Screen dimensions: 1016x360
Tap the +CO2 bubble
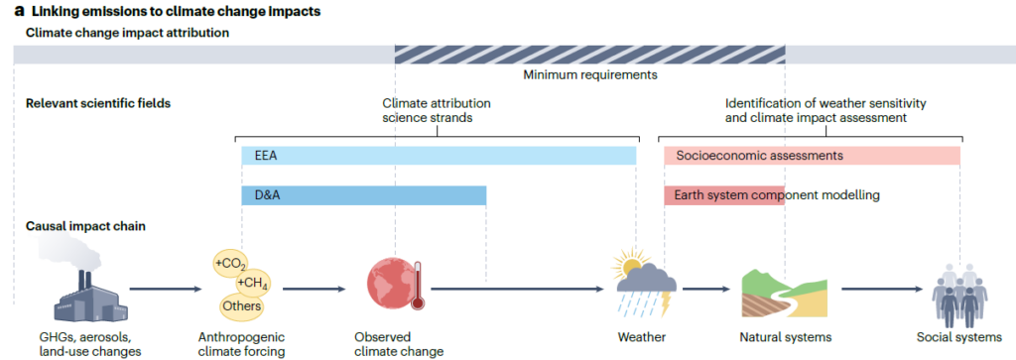click(231, 265)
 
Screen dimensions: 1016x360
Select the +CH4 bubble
click(253, 284)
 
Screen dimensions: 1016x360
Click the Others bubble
click(241, 305)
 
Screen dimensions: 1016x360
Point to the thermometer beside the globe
click(417, 285)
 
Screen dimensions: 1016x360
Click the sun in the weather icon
click(627, 264)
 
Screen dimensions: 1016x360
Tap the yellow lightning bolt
click(664, 303)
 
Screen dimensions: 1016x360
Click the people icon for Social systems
click(958, 295)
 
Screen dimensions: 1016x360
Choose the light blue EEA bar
click(439, 156)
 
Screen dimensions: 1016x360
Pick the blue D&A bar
click(363, 195)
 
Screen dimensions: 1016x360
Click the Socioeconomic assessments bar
click(812, 156)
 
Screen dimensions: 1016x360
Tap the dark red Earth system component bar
click(724, 195)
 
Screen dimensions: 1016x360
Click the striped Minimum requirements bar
click(590, 55)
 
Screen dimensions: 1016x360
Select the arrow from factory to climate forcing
click(166, 290)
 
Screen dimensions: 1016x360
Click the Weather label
click(642, 336)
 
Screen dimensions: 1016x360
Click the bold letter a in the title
click(19, 11)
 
